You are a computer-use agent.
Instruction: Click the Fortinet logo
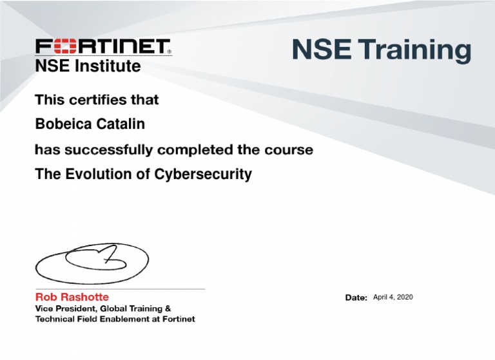(103, 47)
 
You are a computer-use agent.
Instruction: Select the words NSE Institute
(88, 66)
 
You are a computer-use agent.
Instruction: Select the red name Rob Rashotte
(72, 298)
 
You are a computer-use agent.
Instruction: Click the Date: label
(356, 298)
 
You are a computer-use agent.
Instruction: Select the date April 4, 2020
(393, 297)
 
